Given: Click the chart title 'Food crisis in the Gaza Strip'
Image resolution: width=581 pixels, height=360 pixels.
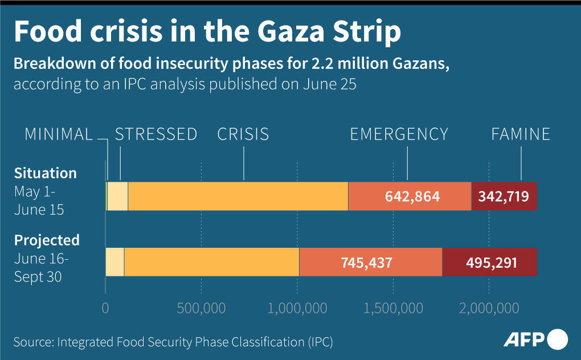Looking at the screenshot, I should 207,32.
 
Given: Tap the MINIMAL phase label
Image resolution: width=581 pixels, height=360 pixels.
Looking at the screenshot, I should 59,134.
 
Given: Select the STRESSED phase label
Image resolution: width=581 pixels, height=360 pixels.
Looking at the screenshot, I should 156,134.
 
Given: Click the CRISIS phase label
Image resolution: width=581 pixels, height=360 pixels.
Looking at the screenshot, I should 243,134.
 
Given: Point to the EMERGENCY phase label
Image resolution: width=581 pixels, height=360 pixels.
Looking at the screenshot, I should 399,134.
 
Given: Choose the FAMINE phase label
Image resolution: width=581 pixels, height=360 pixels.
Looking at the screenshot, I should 521,134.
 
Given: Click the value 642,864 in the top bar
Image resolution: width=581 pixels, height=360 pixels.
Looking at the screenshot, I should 412,197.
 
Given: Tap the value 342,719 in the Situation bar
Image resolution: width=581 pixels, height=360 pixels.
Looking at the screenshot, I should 504,197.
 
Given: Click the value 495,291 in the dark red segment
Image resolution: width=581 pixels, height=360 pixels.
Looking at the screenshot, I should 491,263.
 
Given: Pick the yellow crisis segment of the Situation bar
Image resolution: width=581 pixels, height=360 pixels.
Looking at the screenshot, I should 238,197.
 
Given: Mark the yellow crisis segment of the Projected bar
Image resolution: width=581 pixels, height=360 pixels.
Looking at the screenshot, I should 211,263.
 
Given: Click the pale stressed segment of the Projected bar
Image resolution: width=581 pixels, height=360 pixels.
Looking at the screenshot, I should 115,263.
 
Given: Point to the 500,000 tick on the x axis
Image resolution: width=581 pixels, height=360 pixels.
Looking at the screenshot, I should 201,308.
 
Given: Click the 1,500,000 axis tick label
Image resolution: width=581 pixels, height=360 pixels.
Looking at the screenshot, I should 393,308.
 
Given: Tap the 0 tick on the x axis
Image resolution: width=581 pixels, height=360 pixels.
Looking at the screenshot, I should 105,308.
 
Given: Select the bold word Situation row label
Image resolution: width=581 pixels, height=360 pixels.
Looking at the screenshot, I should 45,173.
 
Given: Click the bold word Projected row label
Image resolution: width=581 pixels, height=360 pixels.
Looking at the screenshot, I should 47,240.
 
